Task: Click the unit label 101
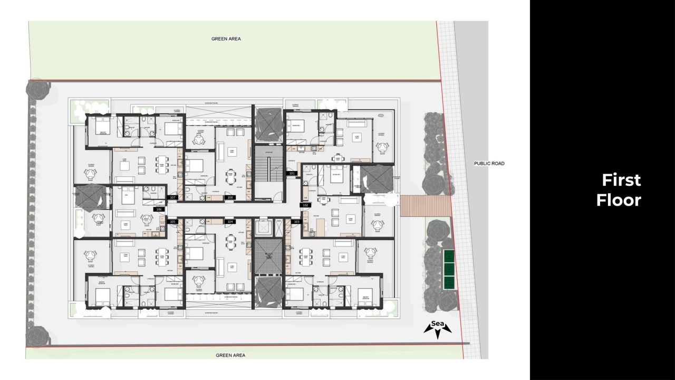[x=292, y=173]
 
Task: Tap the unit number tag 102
[x=305, y=205]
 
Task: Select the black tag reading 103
[x=296, y=222]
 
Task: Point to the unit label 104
[x=230, y=222]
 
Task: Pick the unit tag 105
[x=172, y=222]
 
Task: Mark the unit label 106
[x=159, y=210]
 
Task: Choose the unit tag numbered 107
[x=172, y=197]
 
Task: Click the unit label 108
[x=230, y=197]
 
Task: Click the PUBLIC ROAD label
[x=489, y=164]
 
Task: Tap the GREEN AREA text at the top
[x=226, y=39]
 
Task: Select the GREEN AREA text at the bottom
[x=230, y=355]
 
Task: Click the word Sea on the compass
[x=437, y=324]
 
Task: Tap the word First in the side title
[x=621, y=180]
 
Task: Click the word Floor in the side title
[x=619, y=200]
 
